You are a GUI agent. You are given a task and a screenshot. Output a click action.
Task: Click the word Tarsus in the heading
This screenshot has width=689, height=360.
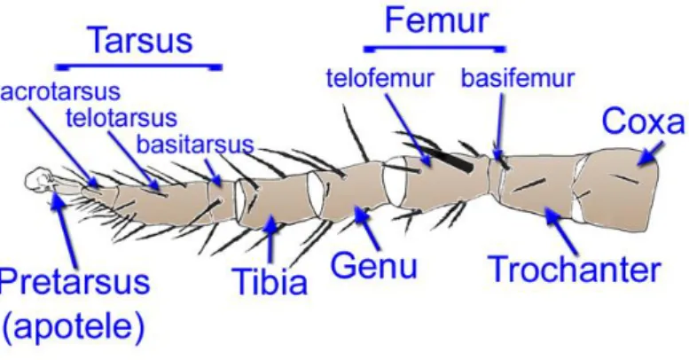[141, 40]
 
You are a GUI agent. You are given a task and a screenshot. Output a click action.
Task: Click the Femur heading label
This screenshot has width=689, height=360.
[436, 20]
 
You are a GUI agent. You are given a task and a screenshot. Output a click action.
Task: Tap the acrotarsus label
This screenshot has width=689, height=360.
[60, 92]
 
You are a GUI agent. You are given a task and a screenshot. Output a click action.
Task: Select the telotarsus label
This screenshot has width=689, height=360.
[121, 118]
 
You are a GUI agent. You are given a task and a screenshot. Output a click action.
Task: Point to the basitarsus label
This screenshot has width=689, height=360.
[195, 145]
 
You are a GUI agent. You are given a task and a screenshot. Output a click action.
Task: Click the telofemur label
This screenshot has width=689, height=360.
[380, 78]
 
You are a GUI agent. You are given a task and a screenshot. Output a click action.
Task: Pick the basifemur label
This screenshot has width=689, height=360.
[518, 78]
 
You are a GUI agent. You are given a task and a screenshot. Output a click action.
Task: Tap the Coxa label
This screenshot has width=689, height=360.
[643, 121]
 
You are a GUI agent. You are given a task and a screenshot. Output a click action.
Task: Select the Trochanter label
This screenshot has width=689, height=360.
[575, 269]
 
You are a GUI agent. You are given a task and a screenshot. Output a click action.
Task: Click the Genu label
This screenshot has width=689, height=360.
[373, 265]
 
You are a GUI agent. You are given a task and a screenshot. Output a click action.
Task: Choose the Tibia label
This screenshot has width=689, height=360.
[270, 281]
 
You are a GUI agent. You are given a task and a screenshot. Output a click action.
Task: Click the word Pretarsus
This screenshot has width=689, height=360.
[74, 281]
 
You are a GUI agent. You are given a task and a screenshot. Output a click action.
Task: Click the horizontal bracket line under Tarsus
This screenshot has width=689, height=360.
[138, 67]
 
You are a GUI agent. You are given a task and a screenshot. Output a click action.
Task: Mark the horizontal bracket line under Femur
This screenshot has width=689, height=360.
[435, 49]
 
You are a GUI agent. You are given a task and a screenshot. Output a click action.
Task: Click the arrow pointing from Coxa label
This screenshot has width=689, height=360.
[651, 153]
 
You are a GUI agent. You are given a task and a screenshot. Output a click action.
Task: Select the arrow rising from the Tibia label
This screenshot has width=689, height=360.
[270, 239]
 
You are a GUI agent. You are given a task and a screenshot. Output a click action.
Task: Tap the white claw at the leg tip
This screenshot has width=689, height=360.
[39, 179]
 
